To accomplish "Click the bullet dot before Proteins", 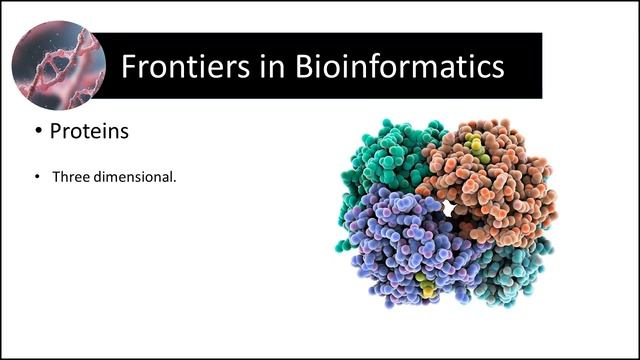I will [x=38, y=131].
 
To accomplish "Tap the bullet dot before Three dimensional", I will [x=38, y=177].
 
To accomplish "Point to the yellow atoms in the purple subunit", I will [x=427, y=288].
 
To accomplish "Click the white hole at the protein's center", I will [x=449, y=207].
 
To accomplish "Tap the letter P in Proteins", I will [x=57, y=131].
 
